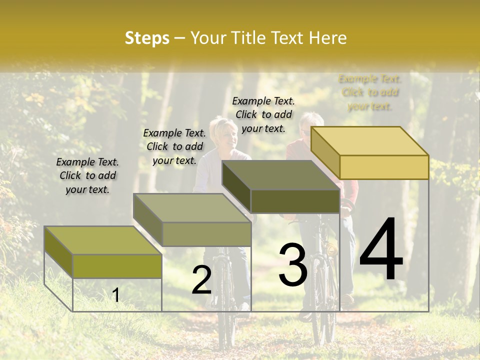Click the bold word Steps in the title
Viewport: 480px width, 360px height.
(147, 38)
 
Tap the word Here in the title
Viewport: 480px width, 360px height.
(327, 38)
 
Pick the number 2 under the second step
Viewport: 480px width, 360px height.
(201, 280)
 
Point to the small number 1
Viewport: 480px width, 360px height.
(116, 295)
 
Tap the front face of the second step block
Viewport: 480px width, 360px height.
(206, 234)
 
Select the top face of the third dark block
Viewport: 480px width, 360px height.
(280, 175)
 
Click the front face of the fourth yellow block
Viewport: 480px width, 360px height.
(384, 167)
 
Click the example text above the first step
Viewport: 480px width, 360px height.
(87, 175)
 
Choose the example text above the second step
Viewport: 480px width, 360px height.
(174, 146)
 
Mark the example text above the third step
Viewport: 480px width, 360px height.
(263, 114)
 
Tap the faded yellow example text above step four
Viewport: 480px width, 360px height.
(370, 92)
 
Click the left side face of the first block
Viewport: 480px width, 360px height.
(58, 252)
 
